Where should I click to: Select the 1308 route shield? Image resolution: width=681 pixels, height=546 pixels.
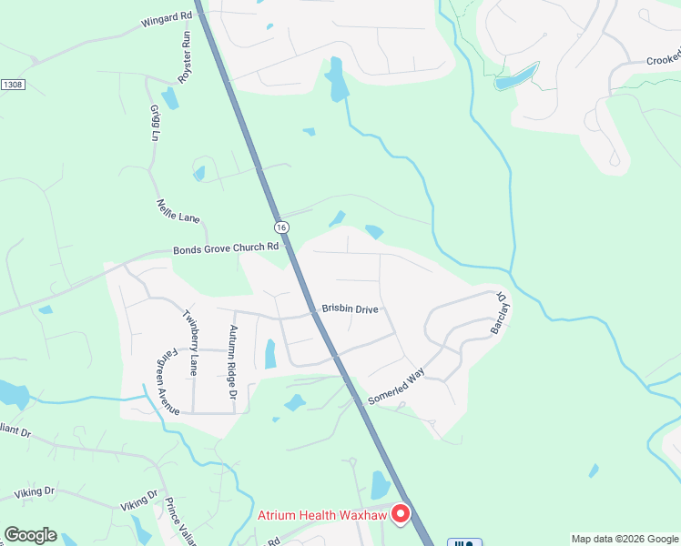pyautogui.click(x=12, y=85)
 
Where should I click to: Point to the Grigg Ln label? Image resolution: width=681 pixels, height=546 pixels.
pyautogui.click(x=155, y=123)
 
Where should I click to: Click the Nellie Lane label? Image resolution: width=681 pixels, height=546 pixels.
pyautogui.click(x=178, y=212)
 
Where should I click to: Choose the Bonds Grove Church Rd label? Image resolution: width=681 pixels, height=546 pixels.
pyautogui.click(x=226, y=248)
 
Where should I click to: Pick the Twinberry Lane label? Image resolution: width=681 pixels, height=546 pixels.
pyautogui.click(x=191, y=342)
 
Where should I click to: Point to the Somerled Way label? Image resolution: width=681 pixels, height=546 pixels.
pyautogui.click(x=397, y=387)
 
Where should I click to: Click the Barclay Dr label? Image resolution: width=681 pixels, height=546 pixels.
pyautogui.click(x=500, y=312)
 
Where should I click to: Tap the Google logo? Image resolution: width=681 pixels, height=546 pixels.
pyautogui.click(x=30, y=535)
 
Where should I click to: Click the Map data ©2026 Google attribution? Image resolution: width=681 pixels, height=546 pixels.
pyautogui.click(x=625, y=539)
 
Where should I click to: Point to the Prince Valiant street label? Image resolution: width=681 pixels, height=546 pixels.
pyautogui.click(x=180, y=521)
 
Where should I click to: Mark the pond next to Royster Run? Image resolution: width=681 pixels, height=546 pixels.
pyautogui.click(x=170, y=98)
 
